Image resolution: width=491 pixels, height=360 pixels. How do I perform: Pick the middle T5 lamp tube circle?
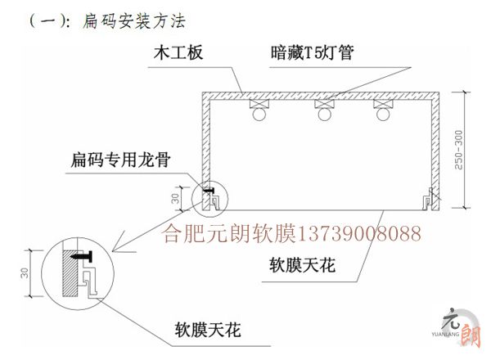pos(320,115)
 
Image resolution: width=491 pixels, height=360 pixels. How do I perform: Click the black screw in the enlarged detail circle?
pos(83,256)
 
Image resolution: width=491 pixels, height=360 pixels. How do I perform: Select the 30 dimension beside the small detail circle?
pos(175,198)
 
